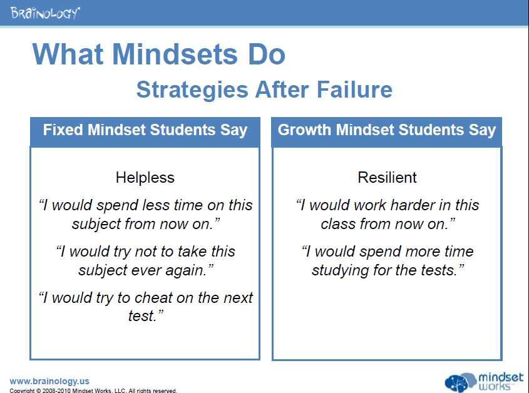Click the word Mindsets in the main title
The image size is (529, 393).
tap(175, 54)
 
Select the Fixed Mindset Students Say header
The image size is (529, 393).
tap(145, 130)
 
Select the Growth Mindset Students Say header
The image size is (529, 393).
tap(387, 130)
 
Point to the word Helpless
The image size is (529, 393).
tap(145, 178)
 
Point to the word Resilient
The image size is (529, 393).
tap(388, 178)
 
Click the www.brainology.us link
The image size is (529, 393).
tap(49, 381)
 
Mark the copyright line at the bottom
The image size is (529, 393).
tap(93, 390)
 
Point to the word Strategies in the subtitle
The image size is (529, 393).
tap(192, 90)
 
